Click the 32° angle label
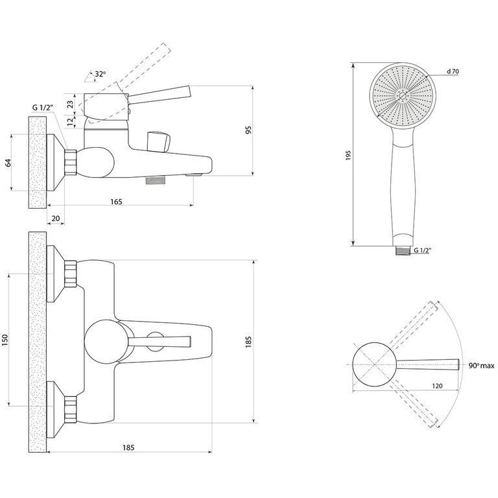[99, 75]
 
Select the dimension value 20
[56, 219]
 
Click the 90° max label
[482, 365]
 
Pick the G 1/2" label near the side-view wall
[41, 108]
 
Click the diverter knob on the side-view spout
[158, 140]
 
